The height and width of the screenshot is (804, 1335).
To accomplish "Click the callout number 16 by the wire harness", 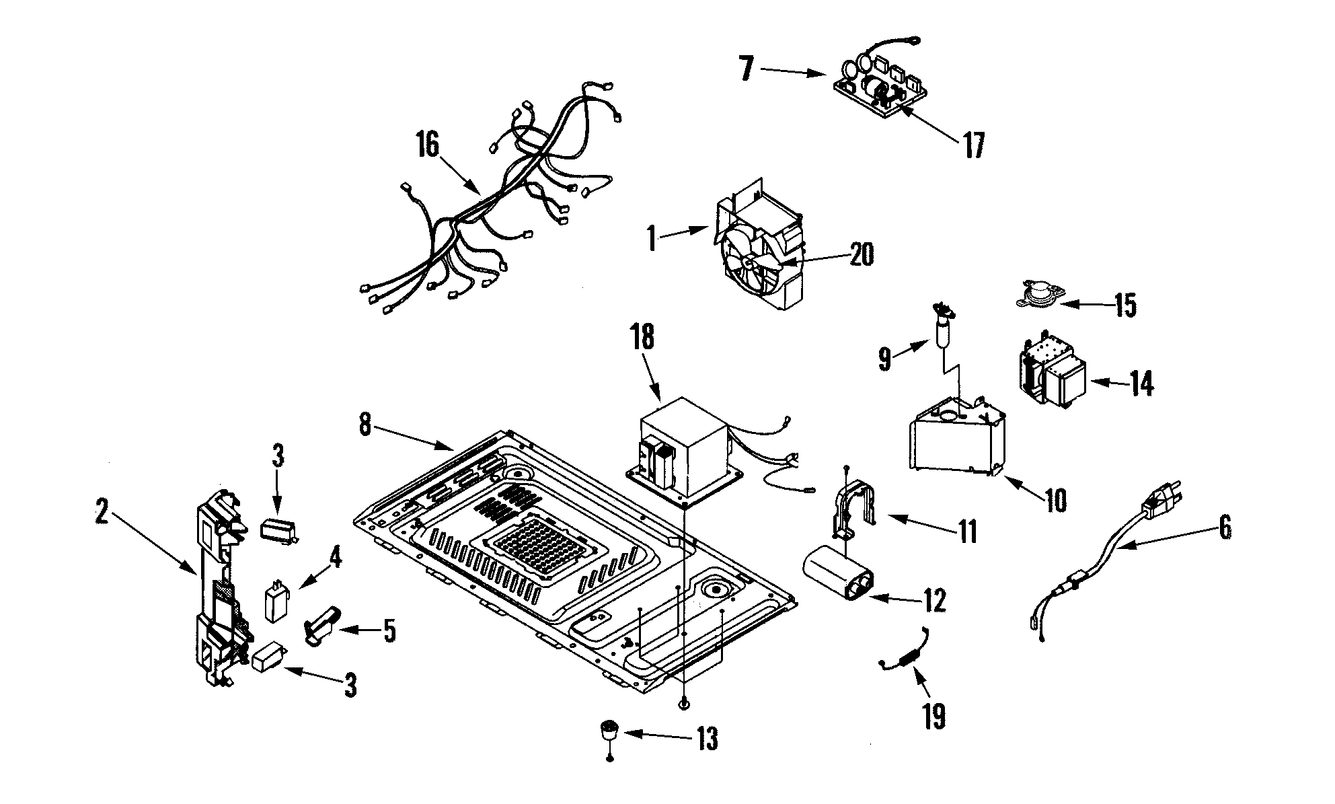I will tap(428, 146).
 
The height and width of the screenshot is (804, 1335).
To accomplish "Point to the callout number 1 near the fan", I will tap(651, 240).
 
